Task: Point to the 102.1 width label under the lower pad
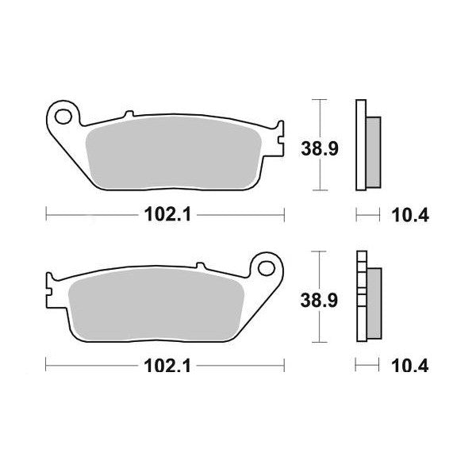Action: pos(166,366)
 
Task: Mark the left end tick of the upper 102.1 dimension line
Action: pos(47,213)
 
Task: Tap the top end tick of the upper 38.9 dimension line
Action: pos(318,100)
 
